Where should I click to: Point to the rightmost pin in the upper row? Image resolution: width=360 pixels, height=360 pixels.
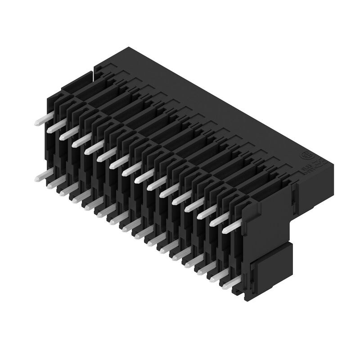point(230,227)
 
